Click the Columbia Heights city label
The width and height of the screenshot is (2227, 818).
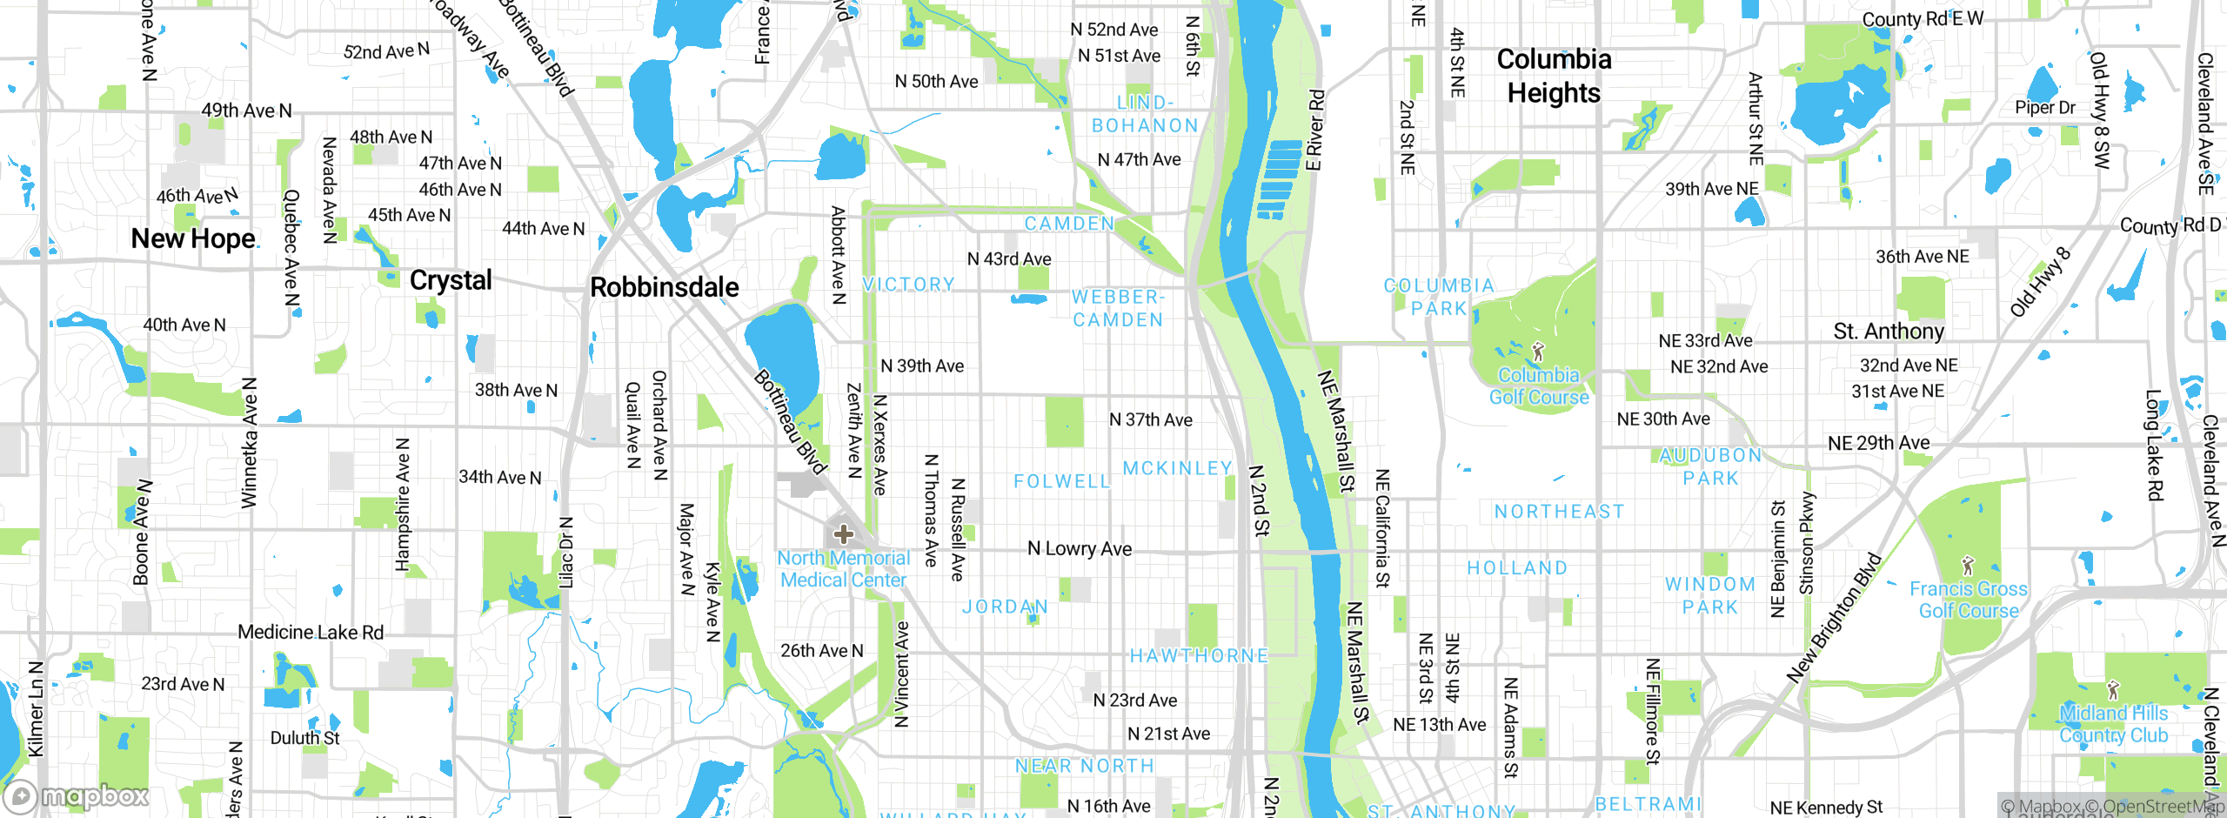1554,76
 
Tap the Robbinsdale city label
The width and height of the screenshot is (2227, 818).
664,287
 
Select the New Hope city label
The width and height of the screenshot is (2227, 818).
193,238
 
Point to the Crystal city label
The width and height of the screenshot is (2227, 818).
451,280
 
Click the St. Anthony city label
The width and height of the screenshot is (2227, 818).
1889,332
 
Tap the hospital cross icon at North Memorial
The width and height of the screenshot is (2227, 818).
843,533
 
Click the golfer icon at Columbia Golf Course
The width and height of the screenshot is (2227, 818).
1538,352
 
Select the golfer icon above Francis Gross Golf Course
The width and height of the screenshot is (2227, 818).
1969,566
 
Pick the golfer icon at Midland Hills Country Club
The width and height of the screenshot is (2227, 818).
2113,690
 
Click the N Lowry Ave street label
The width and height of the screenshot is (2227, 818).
1080,548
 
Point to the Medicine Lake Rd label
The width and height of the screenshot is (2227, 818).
311,633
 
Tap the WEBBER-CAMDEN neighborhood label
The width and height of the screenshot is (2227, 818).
1118,309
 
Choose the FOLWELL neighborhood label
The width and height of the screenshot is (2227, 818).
1062,481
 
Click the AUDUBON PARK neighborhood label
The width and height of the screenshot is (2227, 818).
1710,467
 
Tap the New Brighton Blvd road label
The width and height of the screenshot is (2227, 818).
1834,618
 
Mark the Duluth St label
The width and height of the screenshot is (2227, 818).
304,738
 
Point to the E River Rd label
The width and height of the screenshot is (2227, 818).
1315,130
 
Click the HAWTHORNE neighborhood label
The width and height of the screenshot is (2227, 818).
1199,656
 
